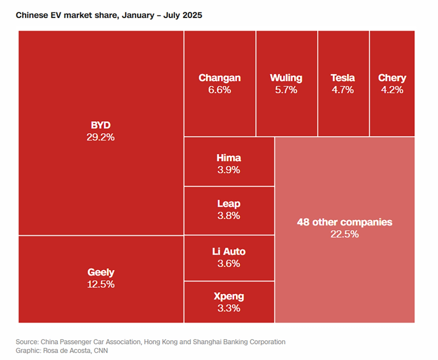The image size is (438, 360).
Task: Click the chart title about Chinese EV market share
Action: tap(109, 15)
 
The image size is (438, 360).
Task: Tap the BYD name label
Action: tap(101, 125)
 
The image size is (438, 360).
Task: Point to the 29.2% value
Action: tap(101, 137)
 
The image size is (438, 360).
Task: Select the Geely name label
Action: tap(101, 272)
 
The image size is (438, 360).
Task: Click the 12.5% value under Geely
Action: tap(101, 284)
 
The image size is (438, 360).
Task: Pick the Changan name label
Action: tap(220, 78)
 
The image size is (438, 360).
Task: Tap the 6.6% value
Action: tap(220, 90)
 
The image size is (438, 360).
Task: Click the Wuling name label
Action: tap(286, 78)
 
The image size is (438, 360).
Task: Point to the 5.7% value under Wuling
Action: tap(286, 90)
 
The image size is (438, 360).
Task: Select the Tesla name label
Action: tap(343, 78)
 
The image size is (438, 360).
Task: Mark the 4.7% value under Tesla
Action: tap(343, 90)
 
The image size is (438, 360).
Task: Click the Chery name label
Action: tap(392, 78)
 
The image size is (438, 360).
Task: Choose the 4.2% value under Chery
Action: tap(392, 90)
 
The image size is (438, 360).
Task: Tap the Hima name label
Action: tap(229, 158)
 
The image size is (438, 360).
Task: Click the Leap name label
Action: tap(229, 204)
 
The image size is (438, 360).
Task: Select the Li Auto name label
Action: tap(229, 252)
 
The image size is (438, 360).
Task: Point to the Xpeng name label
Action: tap(229, 296)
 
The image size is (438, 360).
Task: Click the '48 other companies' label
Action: tap(345, 222)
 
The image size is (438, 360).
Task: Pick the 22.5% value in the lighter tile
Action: tap(345, 234)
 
